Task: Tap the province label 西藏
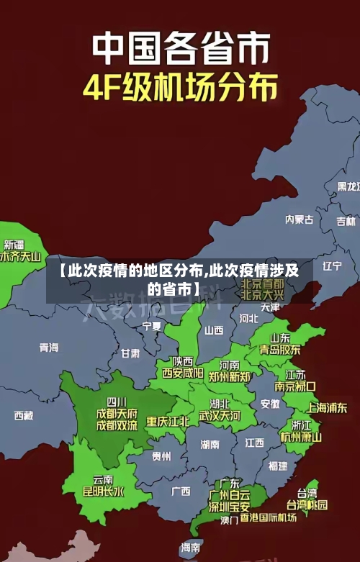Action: click(x=24, y=415)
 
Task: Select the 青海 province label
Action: click(x=49, y=348)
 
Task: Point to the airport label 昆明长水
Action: click(x=104, y=491)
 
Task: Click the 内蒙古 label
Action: click(x=299, y=199)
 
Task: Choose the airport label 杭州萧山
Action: click(x=301, y=437)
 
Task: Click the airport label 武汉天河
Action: click(x=220, y=416)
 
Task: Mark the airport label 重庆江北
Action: click(x=168, y=421)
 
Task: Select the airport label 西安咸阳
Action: click(x=182, y=373)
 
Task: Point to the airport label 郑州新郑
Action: click(x=230, y=376)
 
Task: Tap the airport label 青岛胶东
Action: click(x=280, y=349)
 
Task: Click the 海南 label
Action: click(x=191, y=547)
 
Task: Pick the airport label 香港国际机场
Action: click(x=269, y=517)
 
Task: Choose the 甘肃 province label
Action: click(x=130, y=353)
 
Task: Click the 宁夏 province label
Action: click(x=152, y=326)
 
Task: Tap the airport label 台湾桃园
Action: click(x=307, y=504)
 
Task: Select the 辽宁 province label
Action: click(x=332, y=266)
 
